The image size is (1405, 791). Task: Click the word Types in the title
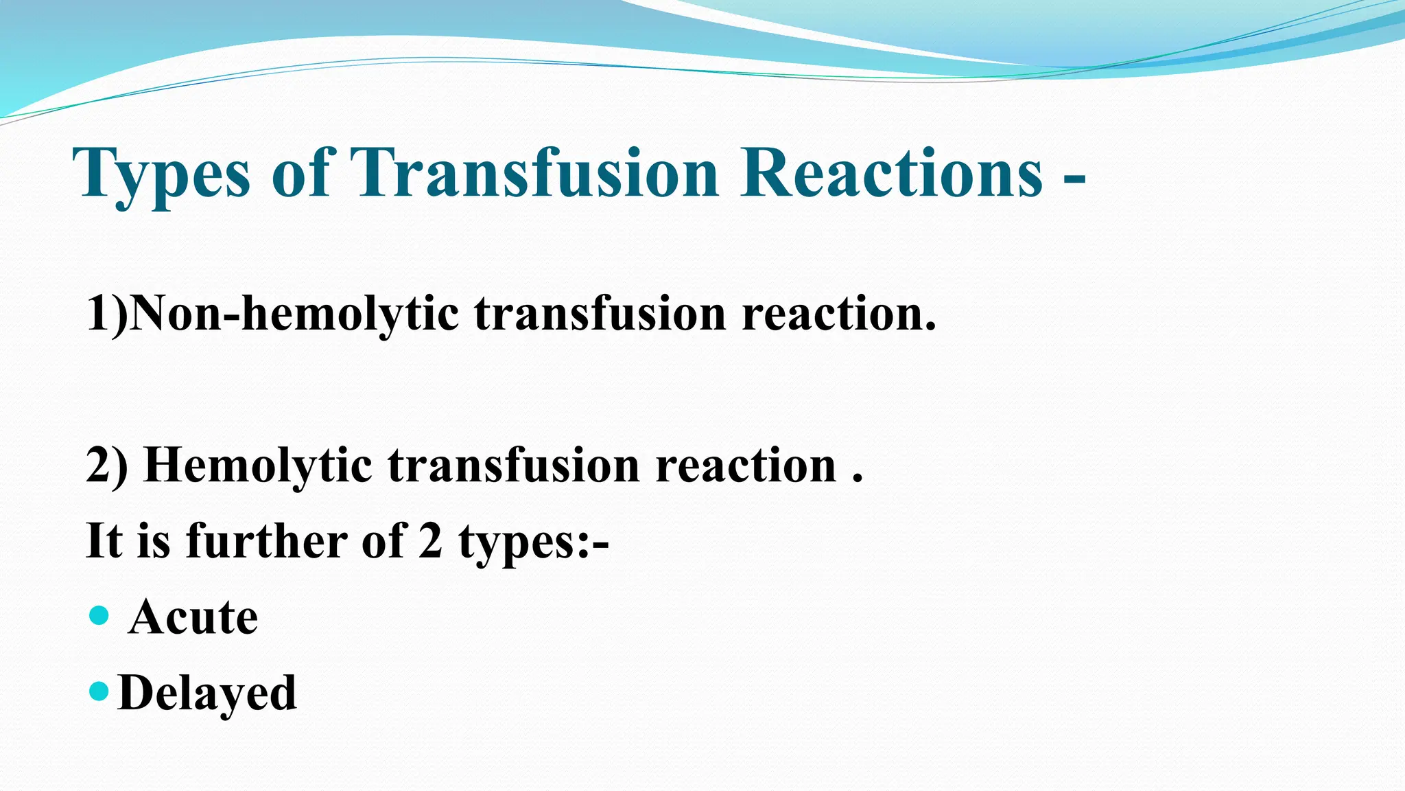[161, 174]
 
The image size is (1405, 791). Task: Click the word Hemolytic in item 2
[258, 466]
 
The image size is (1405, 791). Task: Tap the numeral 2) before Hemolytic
[107, 466]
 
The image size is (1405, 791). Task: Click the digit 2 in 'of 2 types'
[430, 541]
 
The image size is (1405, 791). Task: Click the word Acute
[193, 617]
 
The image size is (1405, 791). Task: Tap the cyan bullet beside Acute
[99, 615]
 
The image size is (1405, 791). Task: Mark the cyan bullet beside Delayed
[99, 690]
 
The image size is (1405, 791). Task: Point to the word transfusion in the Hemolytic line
[514, 466]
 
